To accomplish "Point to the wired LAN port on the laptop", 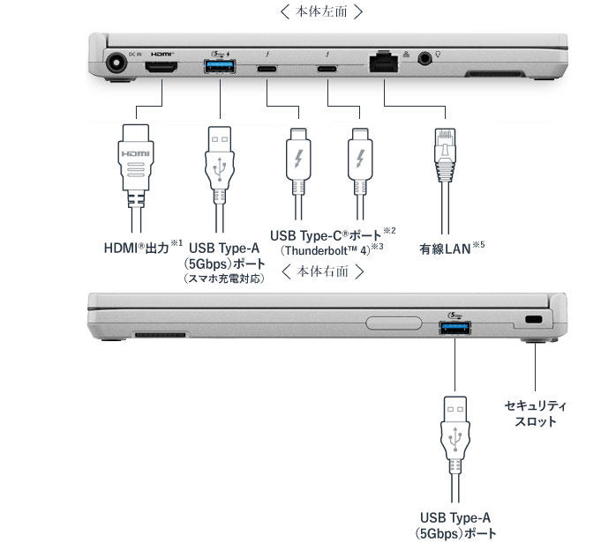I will point(384,63).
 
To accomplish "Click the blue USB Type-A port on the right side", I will point(454,329).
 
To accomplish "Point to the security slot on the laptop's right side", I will point(532,319).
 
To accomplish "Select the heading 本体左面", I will point(320,11).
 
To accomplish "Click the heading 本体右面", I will point(322,271).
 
